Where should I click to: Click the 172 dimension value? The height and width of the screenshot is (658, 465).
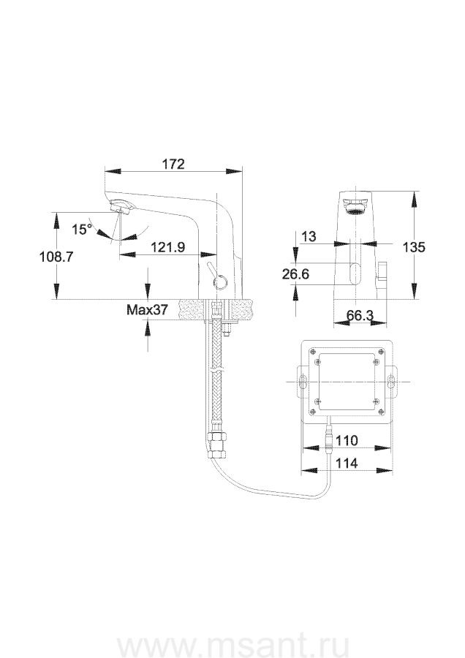coord(173,163)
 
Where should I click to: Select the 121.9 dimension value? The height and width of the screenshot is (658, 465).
coord(168,247)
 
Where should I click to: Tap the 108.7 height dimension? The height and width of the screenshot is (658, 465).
coord(56,257)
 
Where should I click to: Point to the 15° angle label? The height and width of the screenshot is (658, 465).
coord(81,229)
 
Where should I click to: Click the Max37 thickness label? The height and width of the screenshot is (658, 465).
coord(147,310)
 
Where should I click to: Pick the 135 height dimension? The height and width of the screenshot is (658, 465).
coord(414,247)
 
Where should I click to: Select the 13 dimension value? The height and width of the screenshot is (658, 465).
coord(309,237)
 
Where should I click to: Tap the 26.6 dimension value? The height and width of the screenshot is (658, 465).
coord(295,274)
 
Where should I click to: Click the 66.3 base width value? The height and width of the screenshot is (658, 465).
coord(360,315)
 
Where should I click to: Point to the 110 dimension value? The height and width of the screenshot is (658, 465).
coord(347,441)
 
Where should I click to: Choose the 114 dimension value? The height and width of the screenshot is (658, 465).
coord(347,464)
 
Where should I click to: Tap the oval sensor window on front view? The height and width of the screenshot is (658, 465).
coord(355,273)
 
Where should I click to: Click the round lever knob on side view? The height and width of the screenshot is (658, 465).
coord(219,279)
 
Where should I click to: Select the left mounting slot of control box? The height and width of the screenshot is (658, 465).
coord(302,381)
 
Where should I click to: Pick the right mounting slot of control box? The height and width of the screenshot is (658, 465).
coord(390,381)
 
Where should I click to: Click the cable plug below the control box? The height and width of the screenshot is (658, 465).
coord(330,437)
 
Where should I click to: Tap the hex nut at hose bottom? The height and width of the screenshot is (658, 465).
coord(216,449)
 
